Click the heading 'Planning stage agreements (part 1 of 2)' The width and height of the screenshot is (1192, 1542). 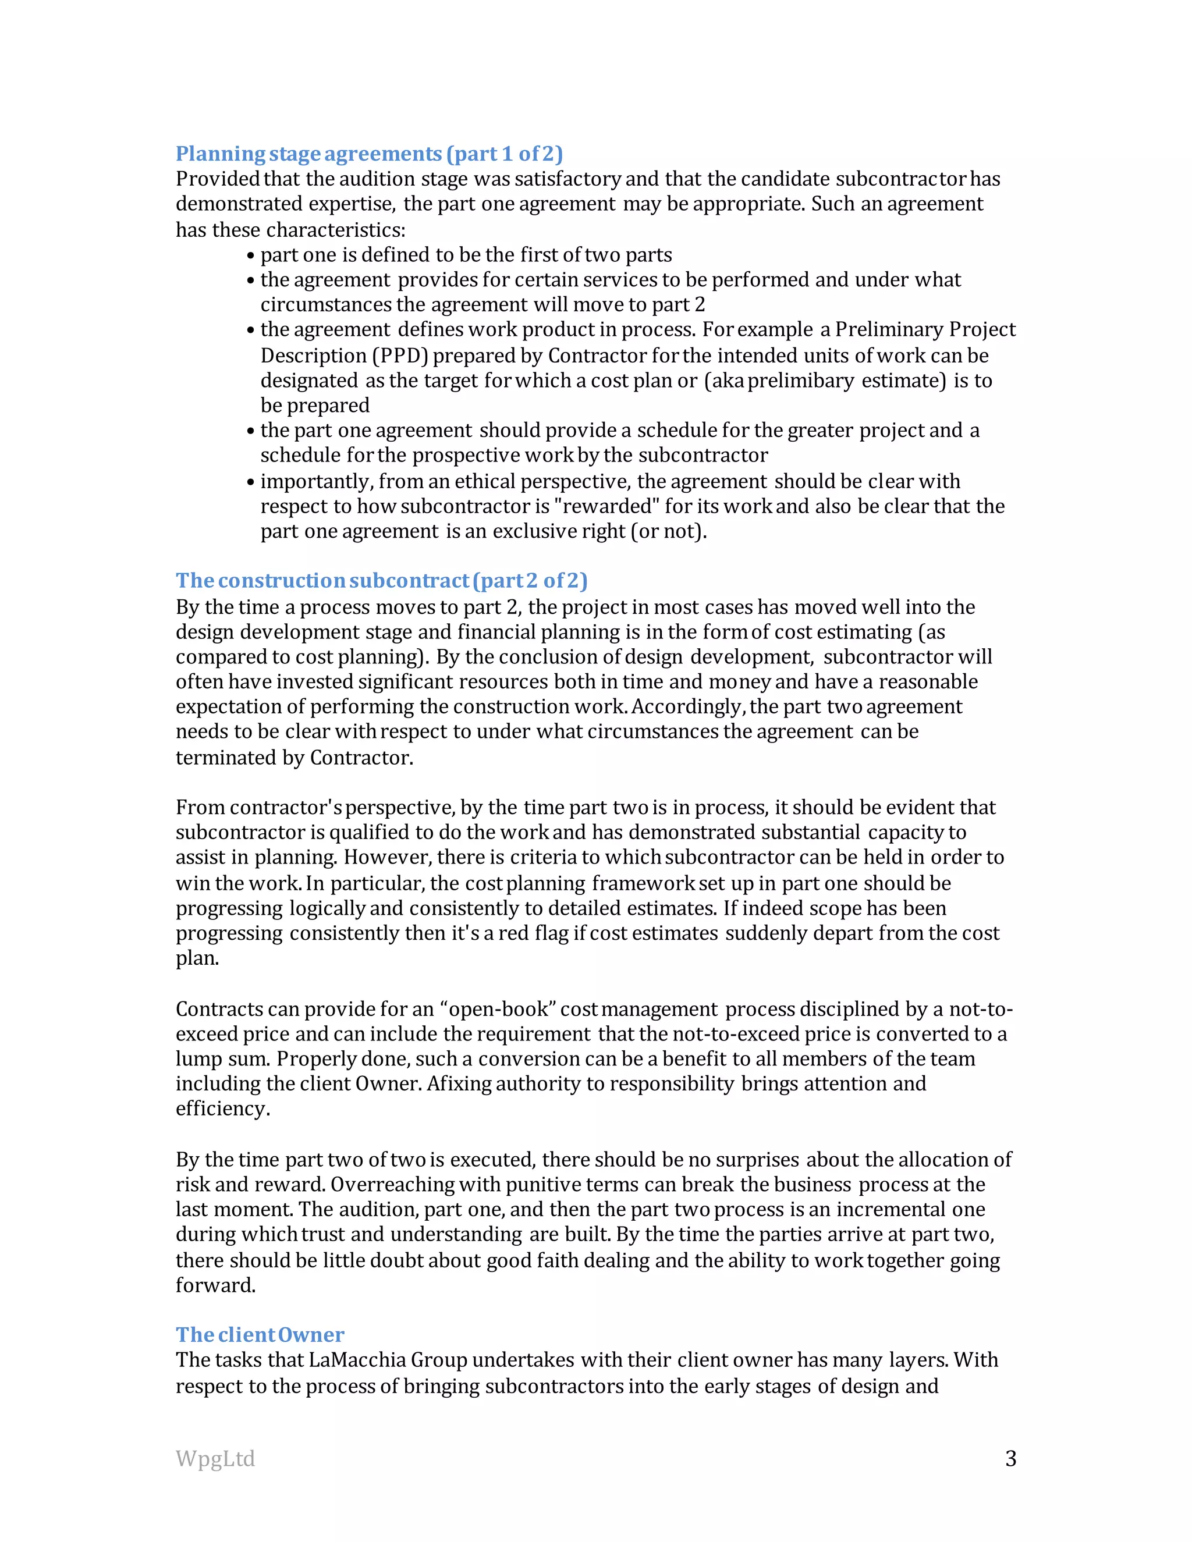(368, 154)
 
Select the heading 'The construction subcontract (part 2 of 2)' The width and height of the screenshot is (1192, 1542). (381, 580)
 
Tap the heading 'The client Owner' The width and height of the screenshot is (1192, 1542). (260, 1334)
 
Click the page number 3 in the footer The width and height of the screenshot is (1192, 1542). (1010, 1459)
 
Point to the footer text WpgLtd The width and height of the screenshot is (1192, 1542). (215, 1459)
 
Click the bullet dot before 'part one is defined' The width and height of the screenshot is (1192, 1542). (251, 256)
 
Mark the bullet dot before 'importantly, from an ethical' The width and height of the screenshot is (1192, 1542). (251, 483)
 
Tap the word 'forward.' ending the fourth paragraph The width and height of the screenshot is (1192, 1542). (215, 1285)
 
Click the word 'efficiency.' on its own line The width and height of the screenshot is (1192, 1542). (222, 1108)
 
